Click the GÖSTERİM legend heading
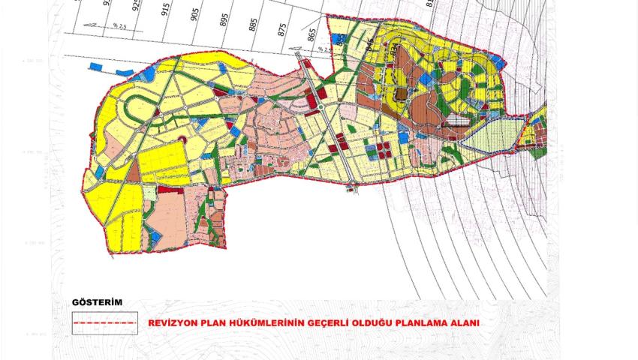96,302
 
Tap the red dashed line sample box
105,323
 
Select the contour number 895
224,20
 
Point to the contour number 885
253,25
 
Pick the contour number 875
282,30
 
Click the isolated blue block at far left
95,67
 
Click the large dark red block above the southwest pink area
172,190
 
